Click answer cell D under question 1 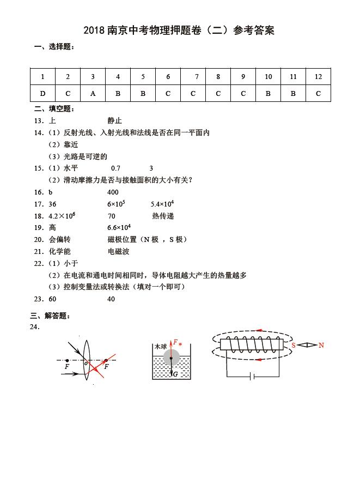pos(42,93)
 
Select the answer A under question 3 pos(93,93)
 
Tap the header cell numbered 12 pos(318,77)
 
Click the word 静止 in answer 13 pos(115,120)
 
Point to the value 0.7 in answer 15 pos(115,168)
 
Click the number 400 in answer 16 pos(113,192)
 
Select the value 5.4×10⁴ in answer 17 pos(162,204)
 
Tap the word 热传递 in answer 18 pos(163,216)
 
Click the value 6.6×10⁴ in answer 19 pos(119,228)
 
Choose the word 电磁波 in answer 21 pos(119,251)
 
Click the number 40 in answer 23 pos(111,299)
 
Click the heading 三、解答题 pos(51,316)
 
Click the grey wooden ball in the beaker pos(171,357)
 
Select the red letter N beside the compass pos(321,345)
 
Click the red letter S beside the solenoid pos(293,345)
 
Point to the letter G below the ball pos(175,374)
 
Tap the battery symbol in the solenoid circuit pos(251,376)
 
